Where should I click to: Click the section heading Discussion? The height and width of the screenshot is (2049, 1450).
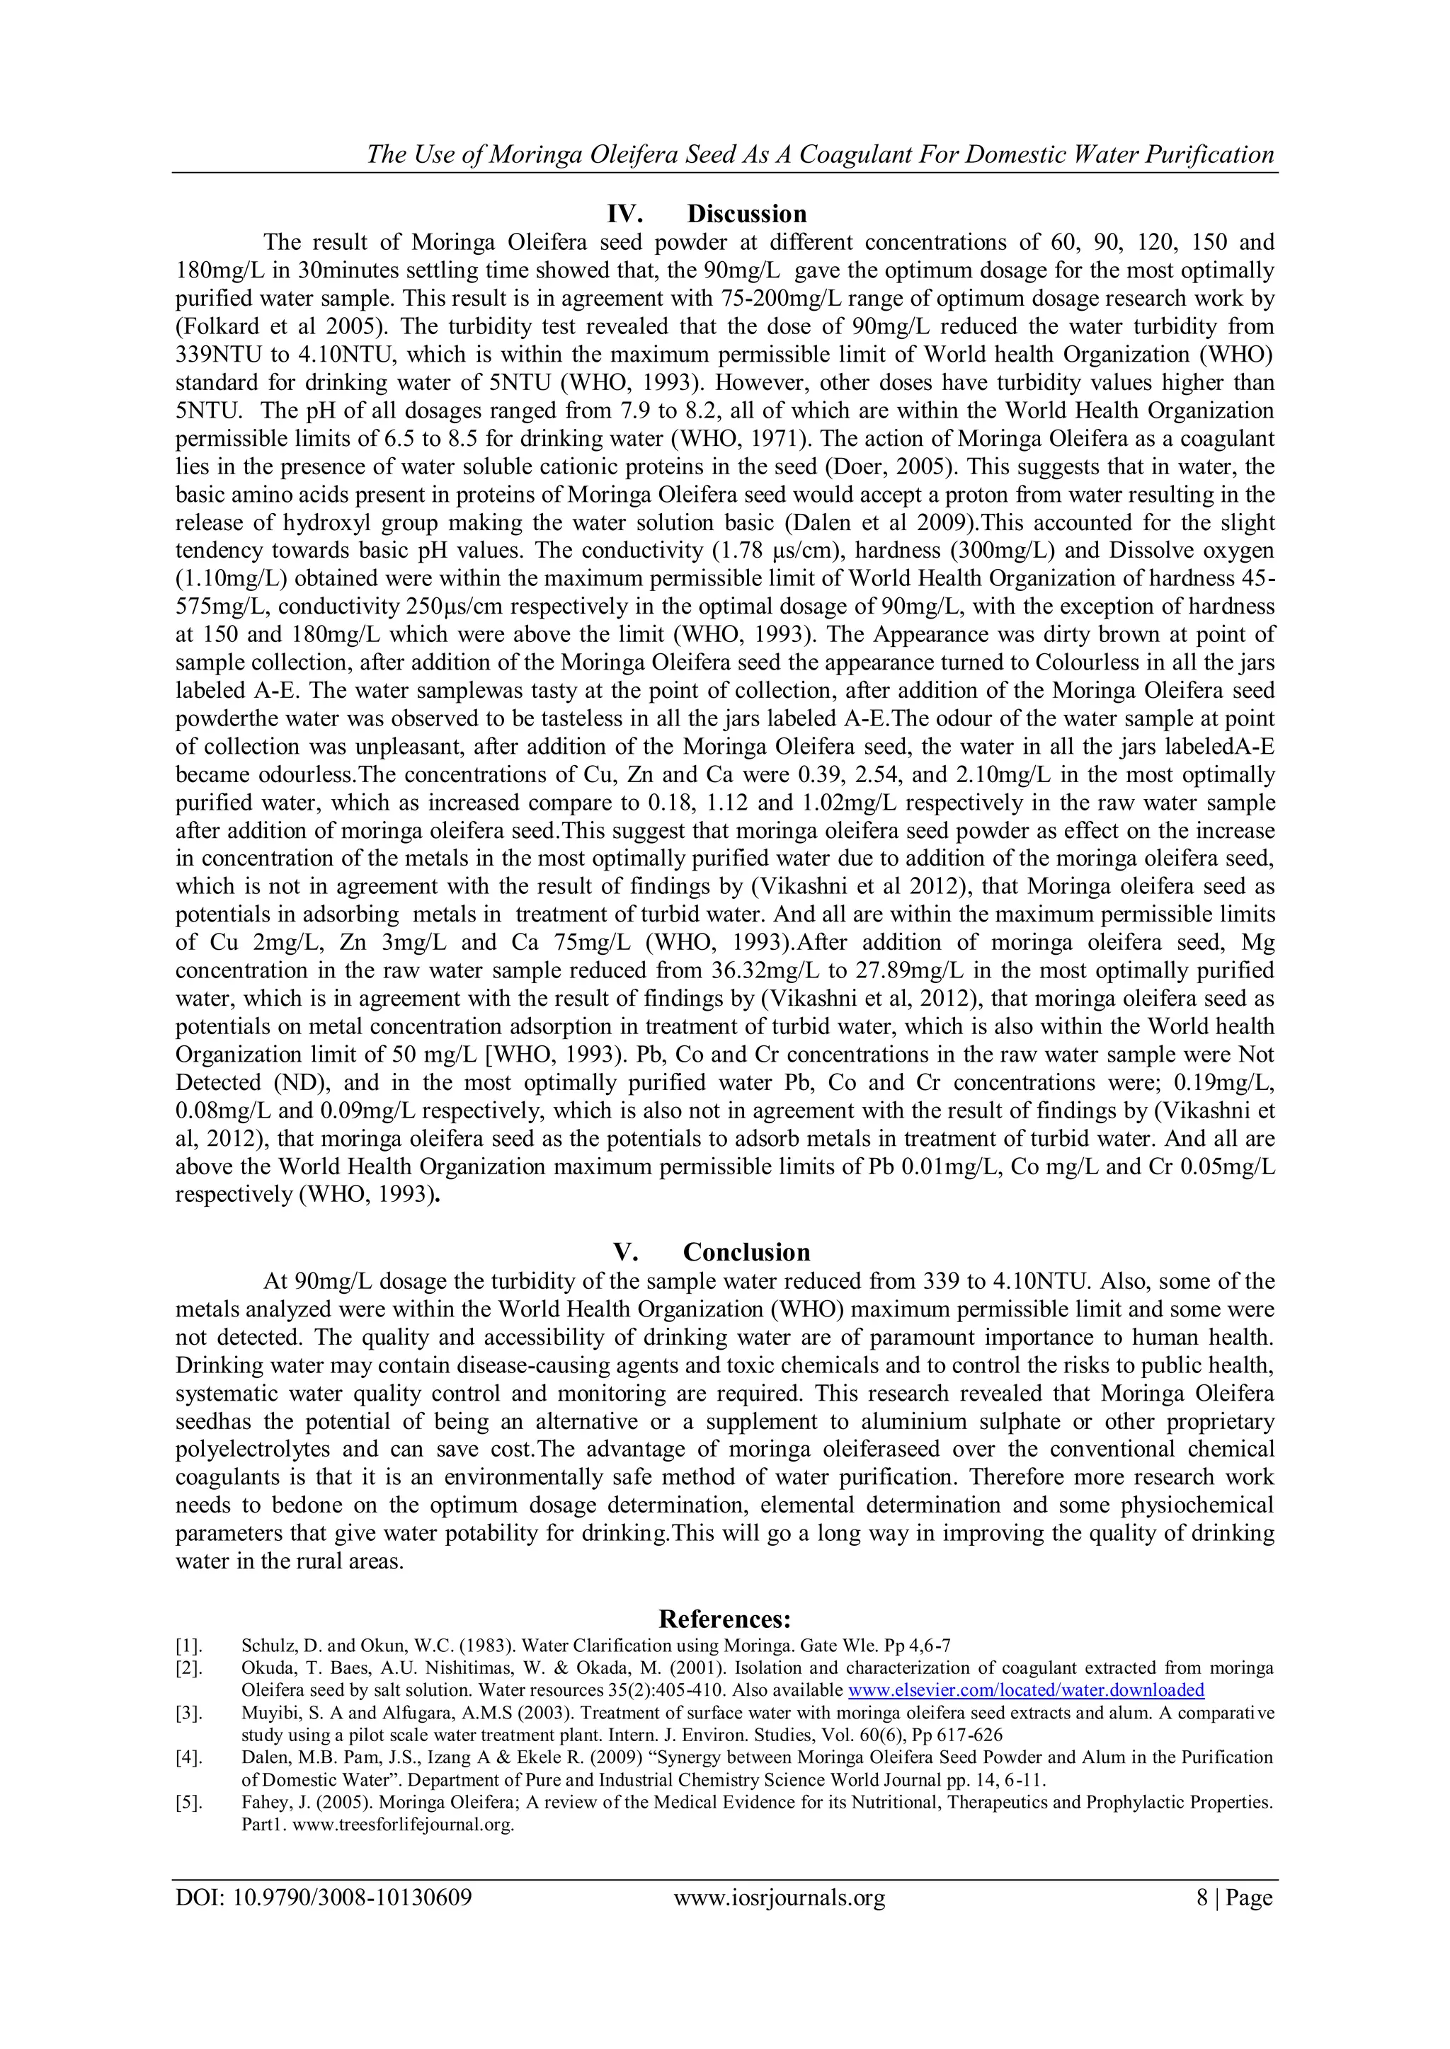746,214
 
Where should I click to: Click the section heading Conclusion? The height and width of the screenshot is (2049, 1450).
746,1252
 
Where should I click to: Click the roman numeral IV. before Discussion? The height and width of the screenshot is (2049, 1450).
625,214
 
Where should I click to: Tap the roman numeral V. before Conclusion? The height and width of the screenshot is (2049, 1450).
625,1252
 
